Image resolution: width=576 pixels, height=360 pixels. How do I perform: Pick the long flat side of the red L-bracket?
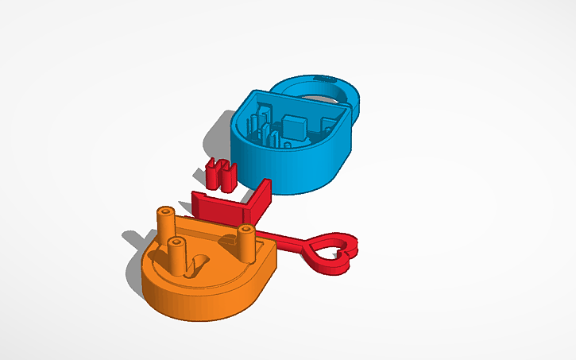click(x=219, y=208)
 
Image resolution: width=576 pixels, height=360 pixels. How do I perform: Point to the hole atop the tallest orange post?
click(x=165, y=212)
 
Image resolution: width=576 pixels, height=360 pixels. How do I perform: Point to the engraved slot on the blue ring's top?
click(x=325, y=78)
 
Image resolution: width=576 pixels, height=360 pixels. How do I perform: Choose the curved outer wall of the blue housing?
click(x=302, y=171)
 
